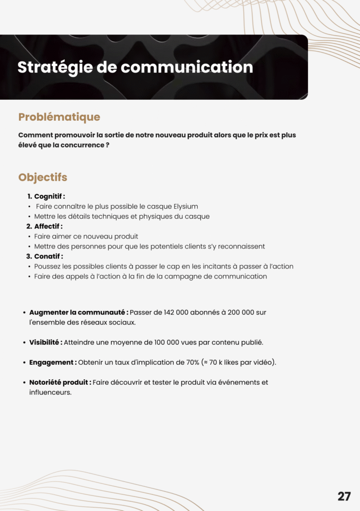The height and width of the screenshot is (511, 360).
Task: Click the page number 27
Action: pyautogui.click(x=344, y=496)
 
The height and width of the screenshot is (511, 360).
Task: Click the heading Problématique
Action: pyautogui.click(x=59, y=117)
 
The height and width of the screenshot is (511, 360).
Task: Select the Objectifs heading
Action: pyautogui.click(x=42, y=177)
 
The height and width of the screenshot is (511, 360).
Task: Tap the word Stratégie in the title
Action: pyautogui.click(x=54, y=67)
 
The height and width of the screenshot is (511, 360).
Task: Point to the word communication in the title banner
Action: pyautogui.click(x=187, y=67)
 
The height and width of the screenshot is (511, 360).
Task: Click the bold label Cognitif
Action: pyautogui.click(x=48, y=197)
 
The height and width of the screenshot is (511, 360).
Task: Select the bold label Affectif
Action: pyautogui.click(x=47, y=227)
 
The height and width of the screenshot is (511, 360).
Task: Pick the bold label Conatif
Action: pyautogui.click(x=47, y=256)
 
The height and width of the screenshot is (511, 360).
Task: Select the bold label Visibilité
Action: pyautogui.click(x=45, y=342)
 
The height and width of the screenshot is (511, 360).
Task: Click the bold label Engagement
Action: pyautogui.click(x=52, y=362)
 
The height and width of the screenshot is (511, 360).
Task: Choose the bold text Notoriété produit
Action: pyautogui.click(x=60, y=382)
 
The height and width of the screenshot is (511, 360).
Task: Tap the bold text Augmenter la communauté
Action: pyautogui.click(x=78, y=312)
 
